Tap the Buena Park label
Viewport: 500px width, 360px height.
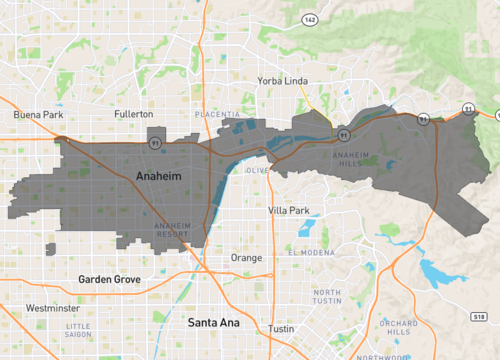(x=38, y=115)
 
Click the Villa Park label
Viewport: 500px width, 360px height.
(x=291, y=211)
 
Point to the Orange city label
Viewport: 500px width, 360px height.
(x=247, y=257)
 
